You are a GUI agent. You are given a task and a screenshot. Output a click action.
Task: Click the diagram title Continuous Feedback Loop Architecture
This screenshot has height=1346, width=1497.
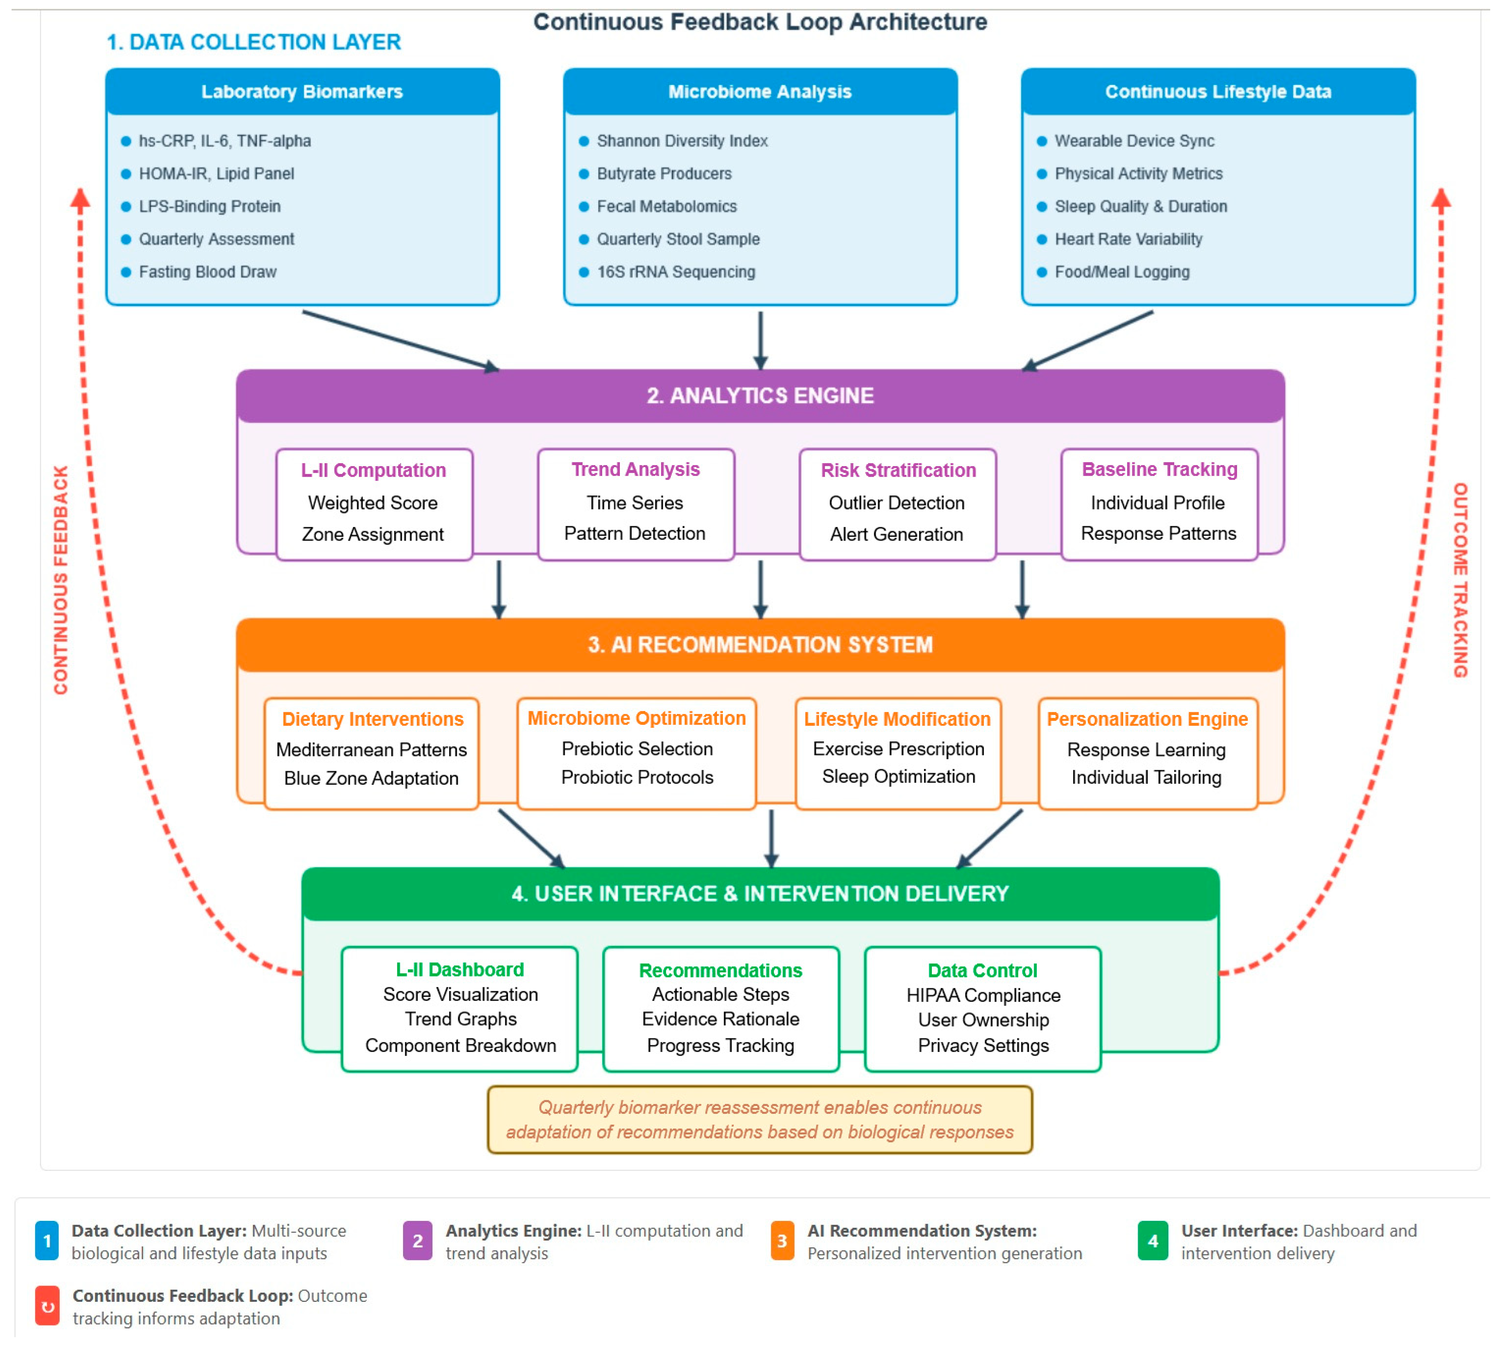click(760, 22)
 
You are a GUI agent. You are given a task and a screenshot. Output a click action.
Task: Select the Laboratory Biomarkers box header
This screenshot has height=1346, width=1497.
click(302, 92)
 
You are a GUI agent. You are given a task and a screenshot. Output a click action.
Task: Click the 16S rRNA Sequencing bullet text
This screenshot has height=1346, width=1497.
click(676, 272)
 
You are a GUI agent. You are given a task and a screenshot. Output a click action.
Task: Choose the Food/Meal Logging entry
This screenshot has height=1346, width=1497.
click(1121, 272)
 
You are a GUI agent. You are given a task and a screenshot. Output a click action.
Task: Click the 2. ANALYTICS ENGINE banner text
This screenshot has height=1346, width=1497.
click(760, 396)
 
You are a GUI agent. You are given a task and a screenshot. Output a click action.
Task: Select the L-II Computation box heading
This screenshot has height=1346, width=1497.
click(373, 470)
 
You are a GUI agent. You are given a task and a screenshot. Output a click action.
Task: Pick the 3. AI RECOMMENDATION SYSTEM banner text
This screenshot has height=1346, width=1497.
click(760, 645)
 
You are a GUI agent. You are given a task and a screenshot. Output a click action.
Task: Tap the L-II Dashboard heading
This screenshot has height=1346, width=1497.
click(460, 970)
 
